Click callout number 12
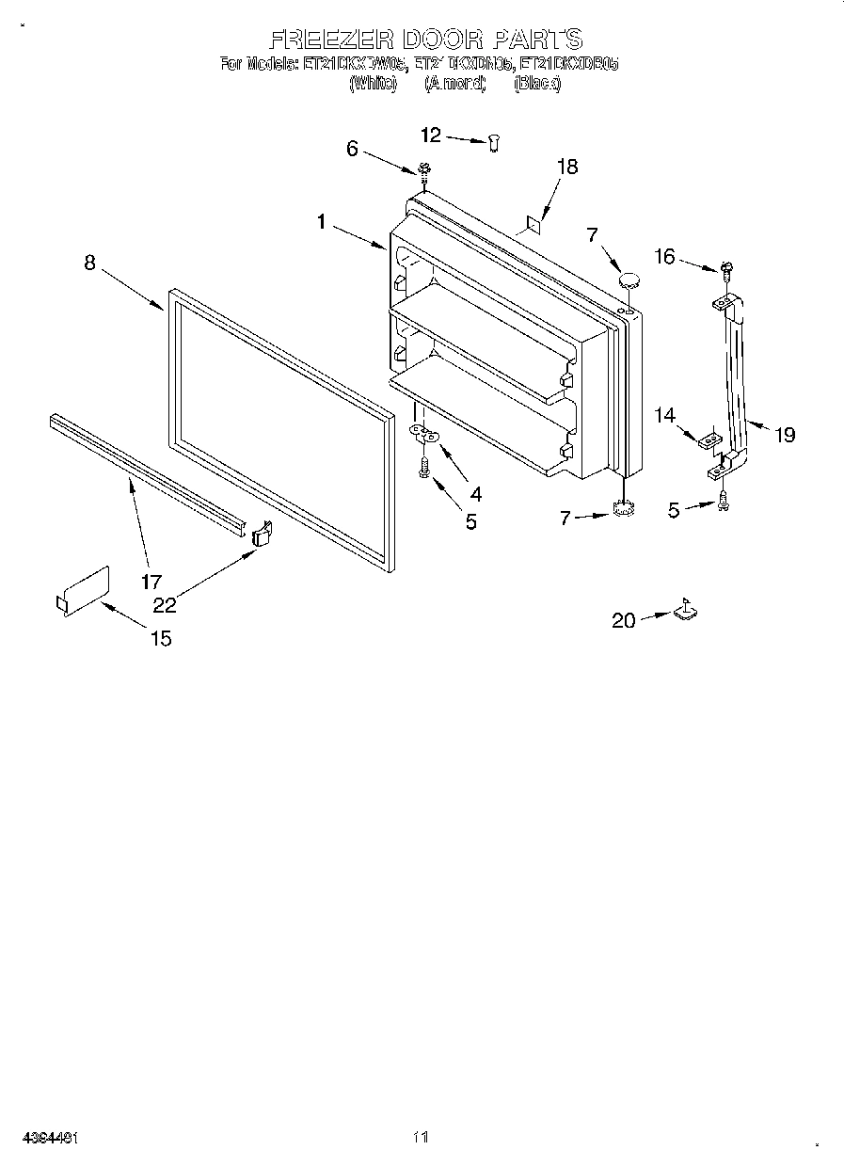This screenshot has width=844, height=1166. pyautogui.click(x=430, y=136)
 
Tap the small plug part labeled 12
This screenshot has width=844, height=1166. pyautogui.click(x=495, y=141)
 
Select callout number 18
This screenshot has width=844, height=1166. pyautogui.click(x=566, y=167)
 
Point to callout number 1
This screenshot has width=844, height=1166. pyautogui.click(x=322, y=222)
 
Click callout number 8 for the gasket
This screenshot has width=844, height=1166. pyautogui.click(x=89, y=263)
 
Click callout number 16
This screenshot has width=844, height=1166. pyautogui.click(x=665, y=255)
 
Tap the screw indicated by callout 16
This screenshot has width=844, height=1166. pyautogui.click(x=725, y=270)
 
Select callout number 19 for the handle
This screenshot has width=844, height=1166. pyautogui.click(x=785, y=434)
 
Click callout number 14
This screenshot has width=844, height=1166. pyautogui.click(x=665, y=414)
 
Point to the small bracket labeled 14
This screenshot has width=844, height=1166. pyautogui.click(x=711, y=438)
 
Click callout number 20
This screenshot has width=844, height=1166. pyautogui.click(x=624, y=619)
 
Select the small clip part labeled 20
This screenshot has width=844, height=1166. pyautogui.click(x=686, y=611)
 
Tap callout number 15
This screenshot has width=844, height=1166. pyautogui.click(x=161, y=638)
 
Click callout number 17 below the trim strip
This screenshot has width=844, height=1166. pyautogui.click(x=151, y=582)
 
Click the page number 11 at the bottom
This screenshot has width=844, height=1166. pyautogui.click(x=421, y=1137)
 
